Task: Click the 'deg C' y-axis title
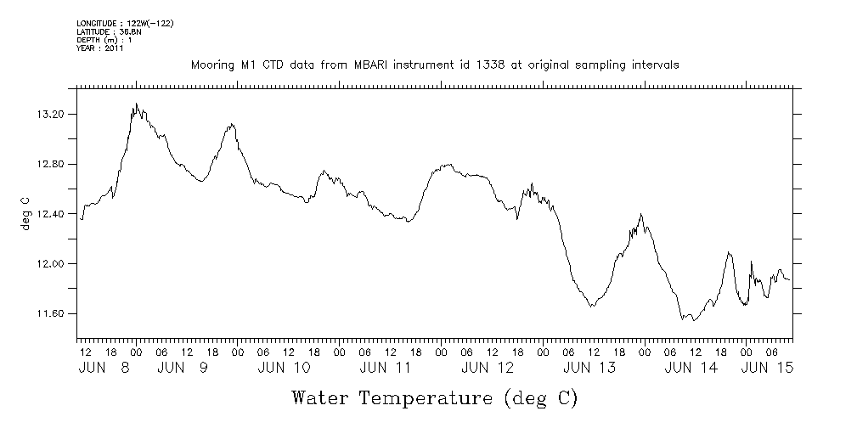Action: tap(25, 213)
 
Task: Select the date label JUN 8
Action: tap(105, 368)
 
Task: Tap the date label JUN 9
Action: tap(182, 368)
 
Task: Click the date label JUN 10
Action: tap(284, 368)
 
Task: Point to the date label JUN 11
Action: tap(386, 368)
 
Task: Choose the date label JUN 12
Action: tap(488, 368)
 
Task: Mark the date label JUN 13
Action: tap(589, 368)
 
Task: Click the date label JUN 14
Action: tap(691, 368)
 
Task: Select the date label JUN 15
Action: tap(768, 368)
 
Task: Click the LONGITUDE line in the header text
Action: tap(125, 23)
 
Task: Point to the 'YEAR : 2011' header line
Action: tap(100, 48)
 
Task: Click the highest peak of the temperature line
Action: tap(136, 104)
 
